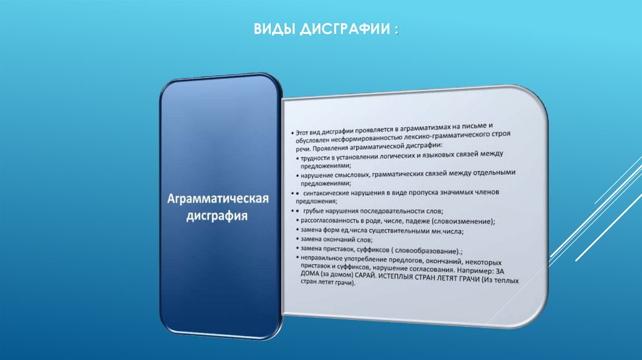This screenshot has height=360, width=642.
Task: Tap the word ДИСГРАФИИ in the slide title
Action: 339,30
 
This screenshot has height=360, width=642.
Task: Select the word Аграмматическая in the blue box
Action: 218,200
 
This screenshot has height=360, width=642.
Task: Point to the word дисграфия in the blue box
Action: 218,216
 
